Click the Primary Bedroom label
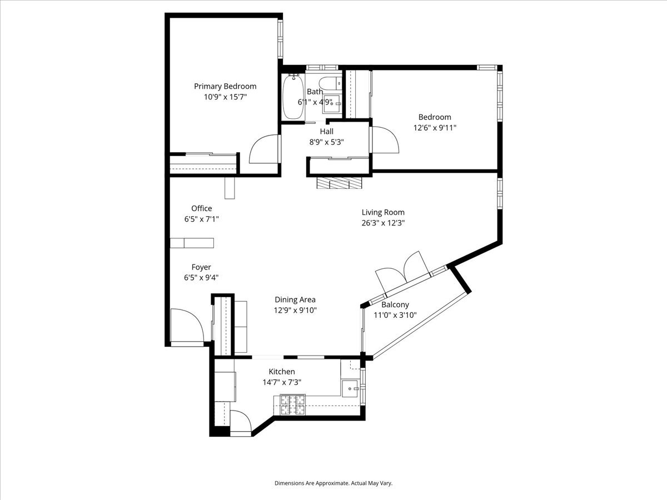225,86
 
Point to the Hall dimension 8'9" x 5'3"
326,142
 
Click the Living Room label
383,212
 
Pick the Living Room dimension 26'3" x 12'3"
383,223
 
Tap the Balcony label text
395,304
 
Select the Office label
201,208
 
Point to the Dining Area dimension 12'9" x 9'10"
295,311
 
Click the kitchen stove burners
293,405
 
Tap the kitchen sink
350,388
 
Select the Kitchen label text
282,372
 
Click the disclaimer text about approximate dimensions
333,483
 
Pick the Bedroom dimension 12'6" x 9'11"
435,128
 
